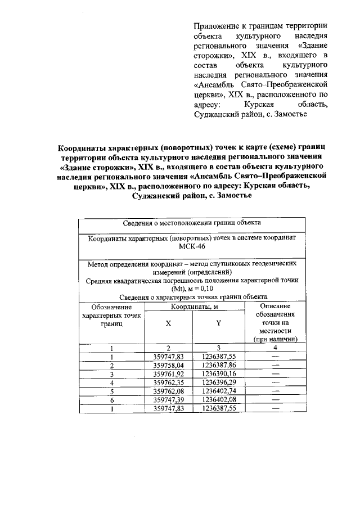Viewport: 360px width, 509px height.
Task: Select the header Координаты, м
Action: tap(194, 307)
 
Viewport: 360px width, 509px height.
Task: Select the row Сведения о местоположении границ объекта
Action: tap(192, 223)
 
